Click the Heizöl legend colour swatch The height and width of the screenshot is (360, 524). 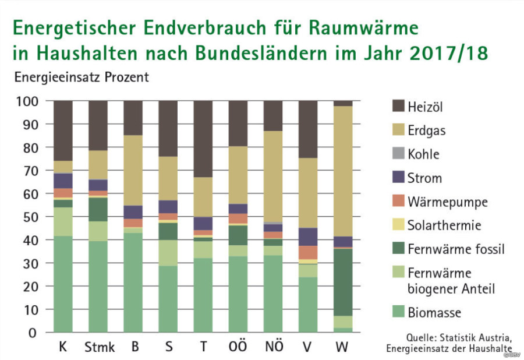[399, 107]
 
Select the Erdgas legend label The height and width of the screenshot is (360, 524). [427, 130]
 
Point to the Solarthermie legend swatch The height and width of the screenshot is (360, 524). [399, 225]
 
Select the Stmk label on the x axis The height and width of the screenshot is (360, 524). [99, 348]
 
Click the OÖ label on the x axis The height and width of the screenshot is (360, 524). [238, 347]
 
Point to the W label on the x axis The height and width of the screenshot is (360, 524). [343, 348]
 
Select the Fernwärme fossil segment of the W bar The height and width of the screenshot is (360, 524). [343, 283]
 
